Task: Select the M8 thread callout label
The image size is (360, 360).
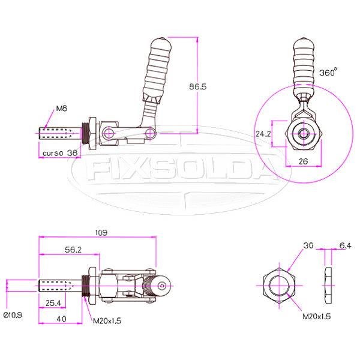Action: click(x=61, y=109)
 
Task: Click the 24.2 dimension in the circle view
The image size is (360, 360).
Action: click(x=263, y=134)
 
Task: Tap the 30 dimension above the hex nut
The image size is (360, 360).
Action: click(x=308, y=246)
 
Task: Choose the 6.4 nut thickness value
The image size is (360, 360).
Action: click(x=345, y=246)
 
